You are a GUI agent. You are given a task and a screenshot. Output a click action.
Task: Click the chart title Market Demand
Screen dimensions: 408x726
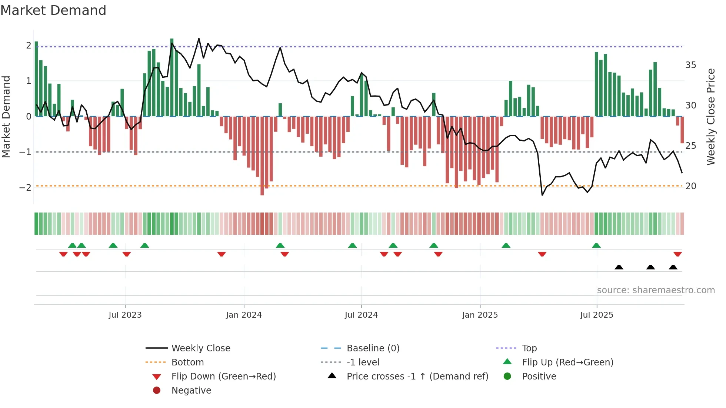click(x=53, y=10)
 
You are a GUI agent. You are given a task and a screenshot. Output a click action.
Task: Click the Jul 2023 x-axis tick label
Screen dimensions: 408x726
click(x=125, y=315)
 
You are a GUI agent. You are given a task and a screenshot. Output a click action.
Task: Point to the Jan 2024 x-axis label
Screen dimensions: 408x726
click(x=244, y=315)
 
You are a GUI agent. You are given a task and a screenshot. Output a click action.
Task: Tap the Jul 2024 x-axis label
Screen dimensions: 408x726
click(x=361, y=315)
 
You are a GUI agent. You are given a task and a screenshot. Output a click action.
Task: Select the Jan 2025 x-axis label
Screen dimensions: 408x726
click(x=480, y=315)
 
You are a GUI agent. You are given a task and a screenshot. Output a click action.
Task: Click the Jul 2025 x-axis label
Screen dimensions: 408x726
click(x=596, y=315)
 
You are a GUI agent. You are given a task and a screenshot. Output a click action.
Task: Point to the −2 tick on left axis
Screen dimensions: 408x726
click(x=25, y=187)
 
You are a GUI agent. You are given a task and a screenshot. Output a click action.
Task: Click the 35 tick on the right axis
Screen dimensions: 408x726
click(x=690, y=65)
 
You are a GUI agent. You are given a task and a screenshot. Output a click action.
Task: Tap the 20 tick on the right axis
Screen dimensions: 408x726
click(x=690, y=186)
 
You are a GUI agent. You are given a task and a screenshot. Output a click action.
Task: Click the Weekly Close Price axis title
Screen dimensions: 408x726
click(x=710, y=117)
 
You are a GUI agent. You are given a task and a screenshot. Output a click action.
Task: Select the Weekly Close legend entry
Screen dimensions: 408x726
click(x=200, y=348)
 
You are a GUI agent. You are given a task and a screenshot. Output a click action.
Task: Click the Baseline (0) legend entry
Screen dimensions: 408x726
click(x=373, y=348)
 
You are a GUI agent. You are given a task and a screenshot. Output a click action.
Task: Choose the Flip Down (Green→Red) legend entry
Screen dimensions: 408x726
click(x=223, y=376)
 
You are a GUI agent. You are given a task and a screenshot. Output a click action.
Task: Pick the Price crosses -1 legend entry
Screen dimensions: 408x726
click(x=417, y=376)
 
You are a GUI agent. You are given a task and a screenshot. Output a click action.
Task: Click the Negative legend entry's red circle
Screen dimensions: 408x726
click(x=157, y=390)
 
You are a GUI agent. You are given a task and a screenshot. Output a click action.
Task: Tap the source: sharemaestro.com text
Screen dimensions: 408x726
click(x=656, y=290)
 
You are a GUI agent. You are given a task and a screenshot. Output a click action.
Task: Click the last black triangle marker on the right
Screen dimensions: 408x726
click(x=673, y=267)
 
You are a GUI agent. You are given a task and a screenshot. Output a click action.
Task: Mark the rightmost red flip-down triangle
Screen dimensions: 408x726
click(x=677, y=254)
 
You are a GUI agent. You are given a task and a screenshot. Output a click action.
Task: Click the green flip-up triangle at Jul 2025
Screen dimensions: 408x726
click(x=596, y=245)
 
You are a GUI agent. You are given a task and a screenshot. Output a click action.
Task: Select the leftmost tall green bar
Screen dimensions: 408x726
click(x=36, y=79)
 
